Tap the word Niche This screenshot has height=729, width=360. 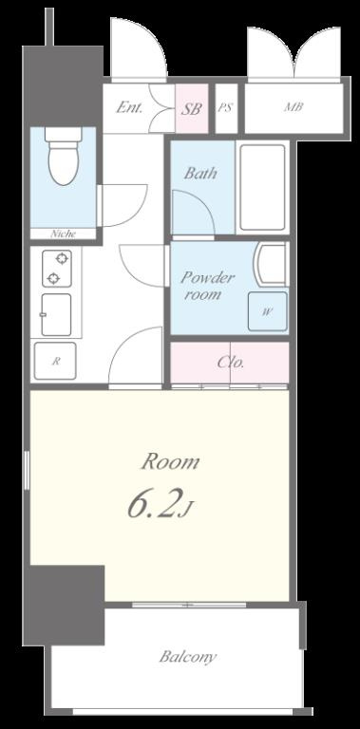pyautogui.click(x=64, y=234)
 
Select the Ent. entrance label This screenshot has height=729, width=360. pyautogui.click(x=129, y=108)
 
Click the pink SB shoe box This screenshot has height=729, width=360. pyautogui.click(x=192, y=109)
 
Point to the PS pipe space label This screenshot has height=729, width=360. pyautogui.click(x=225, y=108)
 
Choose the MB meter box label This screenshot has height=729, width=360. pyautogui.click(x=294, y=107)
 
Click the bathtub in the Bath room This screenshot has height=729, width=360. pyautogui.click(x=262, y=187)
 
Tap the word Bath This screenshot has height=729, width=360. pyautogui.click(x=200, y=174)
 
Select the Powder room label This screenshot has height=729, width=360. pyautogui.click(x=207, y=286)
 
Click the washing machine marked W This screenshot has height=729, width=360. pyautogui.click(x=267, y=311)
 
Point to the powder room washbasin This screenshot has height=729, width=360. pyautogui.click(x=272, y=264)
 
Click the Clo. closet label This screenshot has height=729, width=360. pyautogui.click(x=231, y=363)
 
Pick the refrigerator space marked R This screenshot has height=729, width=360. pyautogui.click(x=55, y=361)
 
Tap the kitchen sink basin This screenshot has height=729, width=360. pyautogui.click(x=56, y=315)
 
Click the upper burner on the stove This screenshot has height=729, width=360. pyautogui.click(x=63, y=258)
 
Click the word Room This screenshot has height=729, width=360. pyautogui.click(x=170, y=462)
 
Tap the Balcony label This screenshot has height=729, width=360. pyautogui.click(x=188, y=657)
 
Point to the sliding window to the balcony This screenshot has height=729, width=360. pyautogui.click(x=189, y=605)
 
